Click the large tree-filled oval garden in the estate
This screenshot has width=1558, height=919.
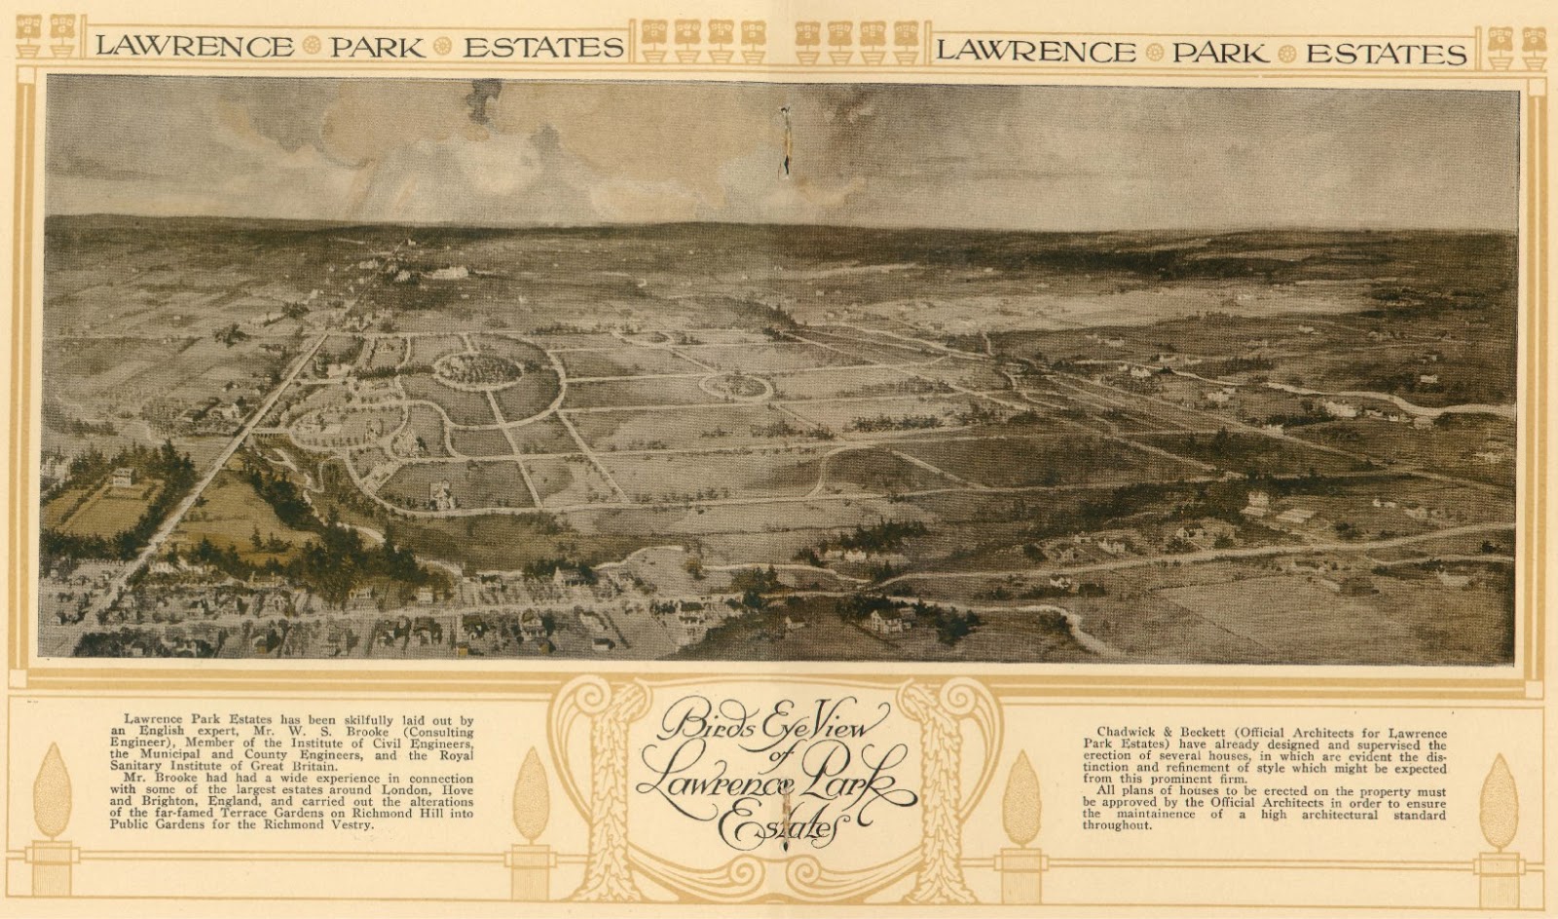[477, 368]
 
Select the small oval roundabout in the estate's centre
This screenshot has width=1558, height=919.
[736, 386]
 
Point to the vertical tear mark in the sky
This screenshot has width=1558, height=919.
[785, 143]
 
